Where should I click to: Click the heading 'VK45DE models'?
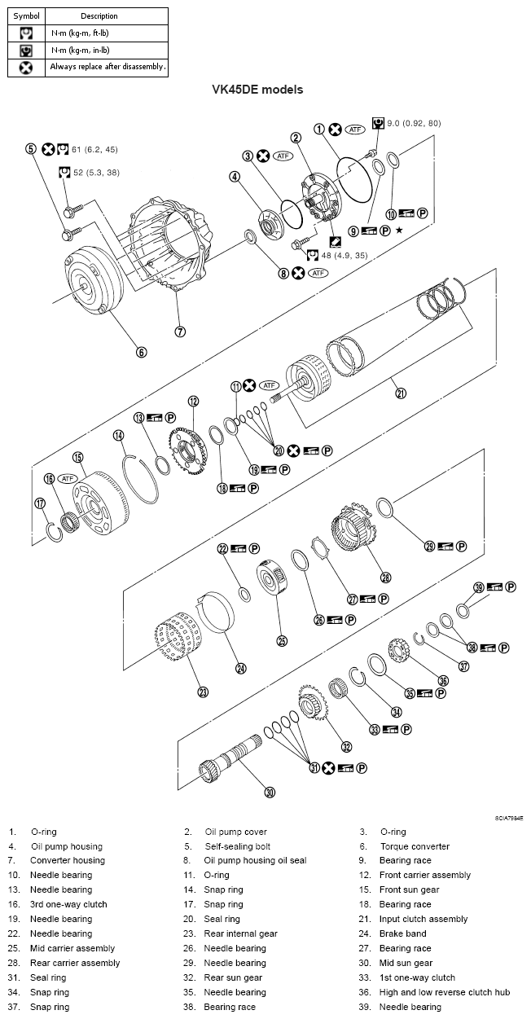tap(257, 90)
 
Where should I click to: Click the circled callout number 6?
tap(141, 352)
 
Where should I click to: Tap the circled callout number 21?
tap(400, 393)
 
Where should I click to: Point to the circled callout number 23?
tap(203, 692)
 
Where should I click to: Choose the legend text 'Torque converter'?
tap(414, 846)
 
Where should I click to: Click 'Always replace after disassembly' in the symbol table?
tap(108, 67)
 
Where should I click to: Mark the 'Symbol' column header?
tap(26, 15)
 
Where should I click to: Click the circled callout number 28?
tap(385, 577)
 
